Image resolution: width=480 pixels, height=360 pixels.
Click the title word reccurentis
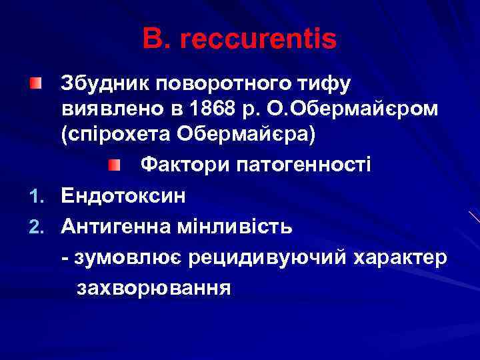(258, 40)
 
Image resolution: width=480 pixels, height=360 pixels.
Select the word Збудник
(103, 85)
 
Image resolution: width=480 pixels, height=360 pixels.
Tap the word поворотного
(221, 85)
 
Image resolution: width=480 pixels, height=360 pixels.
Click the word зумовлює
(125, 258)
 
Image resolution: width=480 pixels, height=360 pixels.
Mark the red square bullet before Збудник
(35, 83)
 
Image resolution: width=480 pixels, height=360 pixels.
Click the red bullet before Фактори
(115, 164)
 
